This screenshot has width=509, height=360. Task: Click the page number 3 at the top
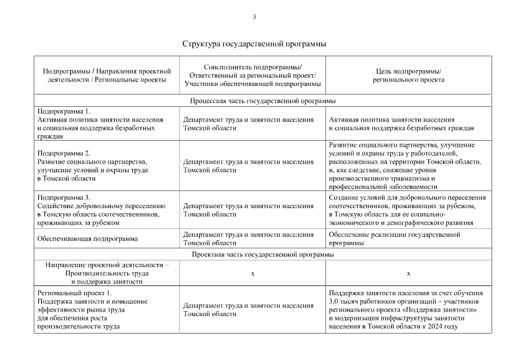pyautogui.click(x=254, y=17)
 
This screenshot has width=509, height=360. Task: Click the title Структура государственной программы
pyautogui.click(x=254, y=43)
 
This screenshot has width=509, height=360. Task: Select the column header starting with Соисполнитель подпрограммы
pyautogui.click(x=253, y=75)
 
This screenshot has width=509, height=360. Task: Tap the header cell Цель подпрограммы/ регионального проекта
pyautogui.click(x=408, y=75)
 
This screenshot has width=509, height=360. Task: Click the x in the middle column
pyautogui.click(x=253, y=273)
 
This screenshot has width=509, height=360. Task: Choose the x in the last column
pyautogui.click(x=408, y=273)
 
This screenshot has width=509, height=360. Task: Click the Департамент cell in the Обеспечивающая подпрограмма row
pyautogui.click(x=248, y=238)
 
